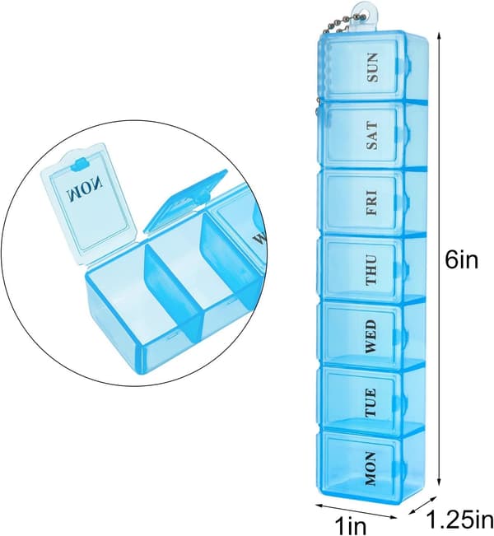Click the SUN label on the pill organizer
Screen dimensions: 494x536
coord(373,68)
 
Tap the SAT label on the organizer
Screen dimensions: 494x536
coord(373,136)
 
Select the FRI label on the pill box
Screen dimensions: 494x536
coord(372,203)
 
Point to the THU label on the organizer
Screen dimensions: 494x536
coord(371,270)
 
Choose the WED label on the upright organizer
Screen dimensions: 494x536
coord(370,336)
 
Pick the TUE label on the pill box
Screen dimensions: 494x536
coord(371,403)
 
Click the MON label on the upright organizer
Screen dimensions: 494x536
coord(370,468)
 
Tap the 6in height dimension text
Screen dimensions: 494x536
coord(461,260)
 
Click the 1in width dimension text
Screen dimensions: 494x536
coord(350,526)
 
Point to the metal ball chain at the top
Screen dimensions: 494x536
coord(336,26)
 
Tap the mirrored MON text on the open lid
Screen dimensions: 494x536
coord(85,188)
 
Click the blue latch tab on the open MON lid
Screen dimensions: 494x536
coord(79,164)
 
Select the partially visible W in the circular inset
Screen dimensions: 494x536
coord(259,237)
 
